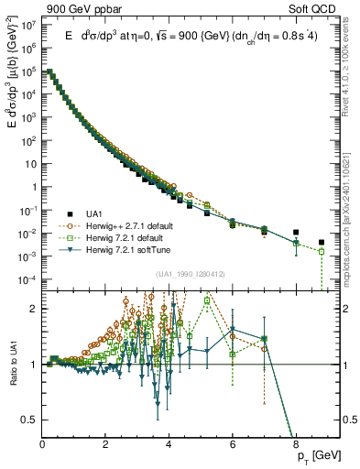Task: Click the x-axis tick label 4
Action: pyautogui.click(x=169, y=444)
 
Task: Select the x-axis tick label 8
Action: pyautogui.click(x=296, y=444)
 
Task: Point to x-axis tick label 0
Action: pyautogui.click(x=43, y=444)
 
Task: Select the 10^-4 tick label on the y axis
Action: pyautogui.click(x=28, y=279)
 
